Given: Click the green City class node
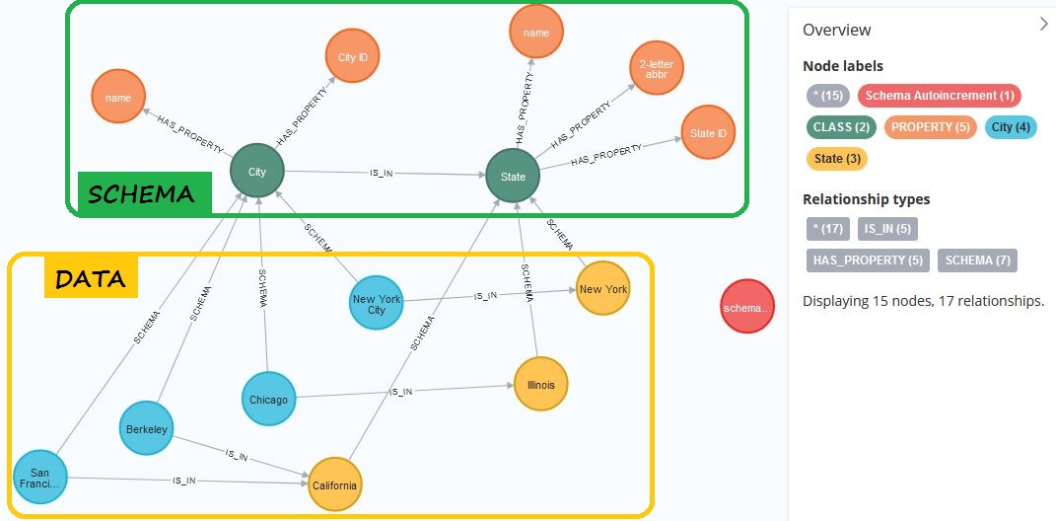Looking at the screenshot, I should [257, 172].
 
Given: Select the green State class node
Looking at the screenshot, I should [513, 177].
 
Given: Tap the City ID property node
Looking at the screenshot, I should [353, 58].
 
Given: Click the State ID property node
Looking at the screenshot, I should [708, 133].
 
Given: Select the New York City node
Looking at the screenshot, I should [377, 304].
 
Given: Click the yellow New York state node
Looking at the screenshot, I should [602, 289].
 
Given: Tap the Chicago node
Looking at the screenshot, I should [268, 400].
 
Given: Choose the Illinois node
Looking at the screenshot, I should [541, 385].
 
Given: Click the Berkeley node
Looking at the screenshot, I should [146, 429].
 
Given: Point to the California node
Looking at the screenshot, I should [335, 485].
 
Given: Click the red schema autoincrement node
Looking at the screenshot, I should [747, 308].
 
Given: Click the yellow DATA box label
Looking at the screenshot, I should [90, 279].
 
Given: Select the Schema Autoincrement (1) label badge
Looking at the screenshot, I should [939, 96].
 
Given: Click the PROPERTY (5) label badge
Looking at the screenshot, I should [931, 127].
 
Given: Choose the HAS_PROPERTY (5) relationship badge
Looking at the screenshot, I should [867, 260].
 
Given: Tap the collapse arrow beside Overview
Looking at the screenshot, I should [1043, 25].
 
